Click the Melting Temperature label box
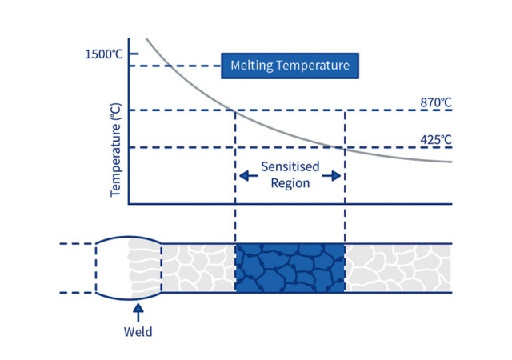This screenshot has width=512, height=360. tap(290, 66)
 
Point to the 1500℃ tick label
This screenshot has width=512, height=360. tap(104, 54)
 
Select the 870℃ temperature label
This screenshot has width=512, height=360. tap(436, 102)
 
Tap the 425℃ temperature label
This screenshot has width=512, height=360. tap(436, 139)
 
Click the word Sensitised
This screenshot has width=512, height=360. tap(290, 167)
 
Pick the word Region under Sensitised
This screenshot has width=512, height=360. tap(290, 183)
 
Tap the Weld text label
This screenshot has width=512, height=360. tap(138, 331)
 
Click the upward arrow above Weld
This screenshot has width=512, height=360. tap(138, 310)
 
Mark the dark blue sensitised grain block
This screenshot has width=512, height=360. tap(290, 268)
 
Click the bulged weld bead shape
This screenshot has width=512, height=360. tap(128, 268)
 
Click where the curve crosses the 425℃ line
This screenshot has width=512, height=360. tap(342, 147)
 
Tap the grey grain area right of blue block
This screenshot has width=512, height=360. tap(398, 268)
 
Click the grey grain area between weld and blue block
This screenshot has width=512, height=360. tap(198, 268)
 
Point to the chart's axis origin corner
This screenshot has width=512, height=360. tap(129, 203)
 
